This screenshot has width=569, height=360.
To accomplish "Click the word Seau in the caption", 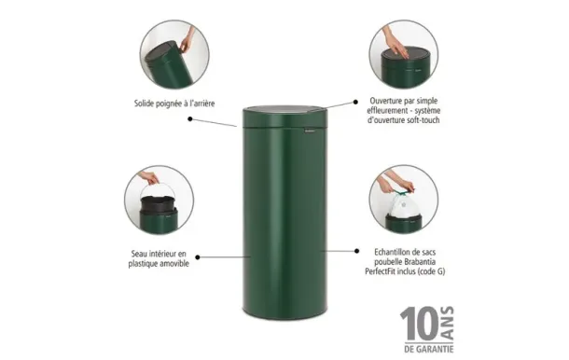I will click(x=140, y=252).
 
